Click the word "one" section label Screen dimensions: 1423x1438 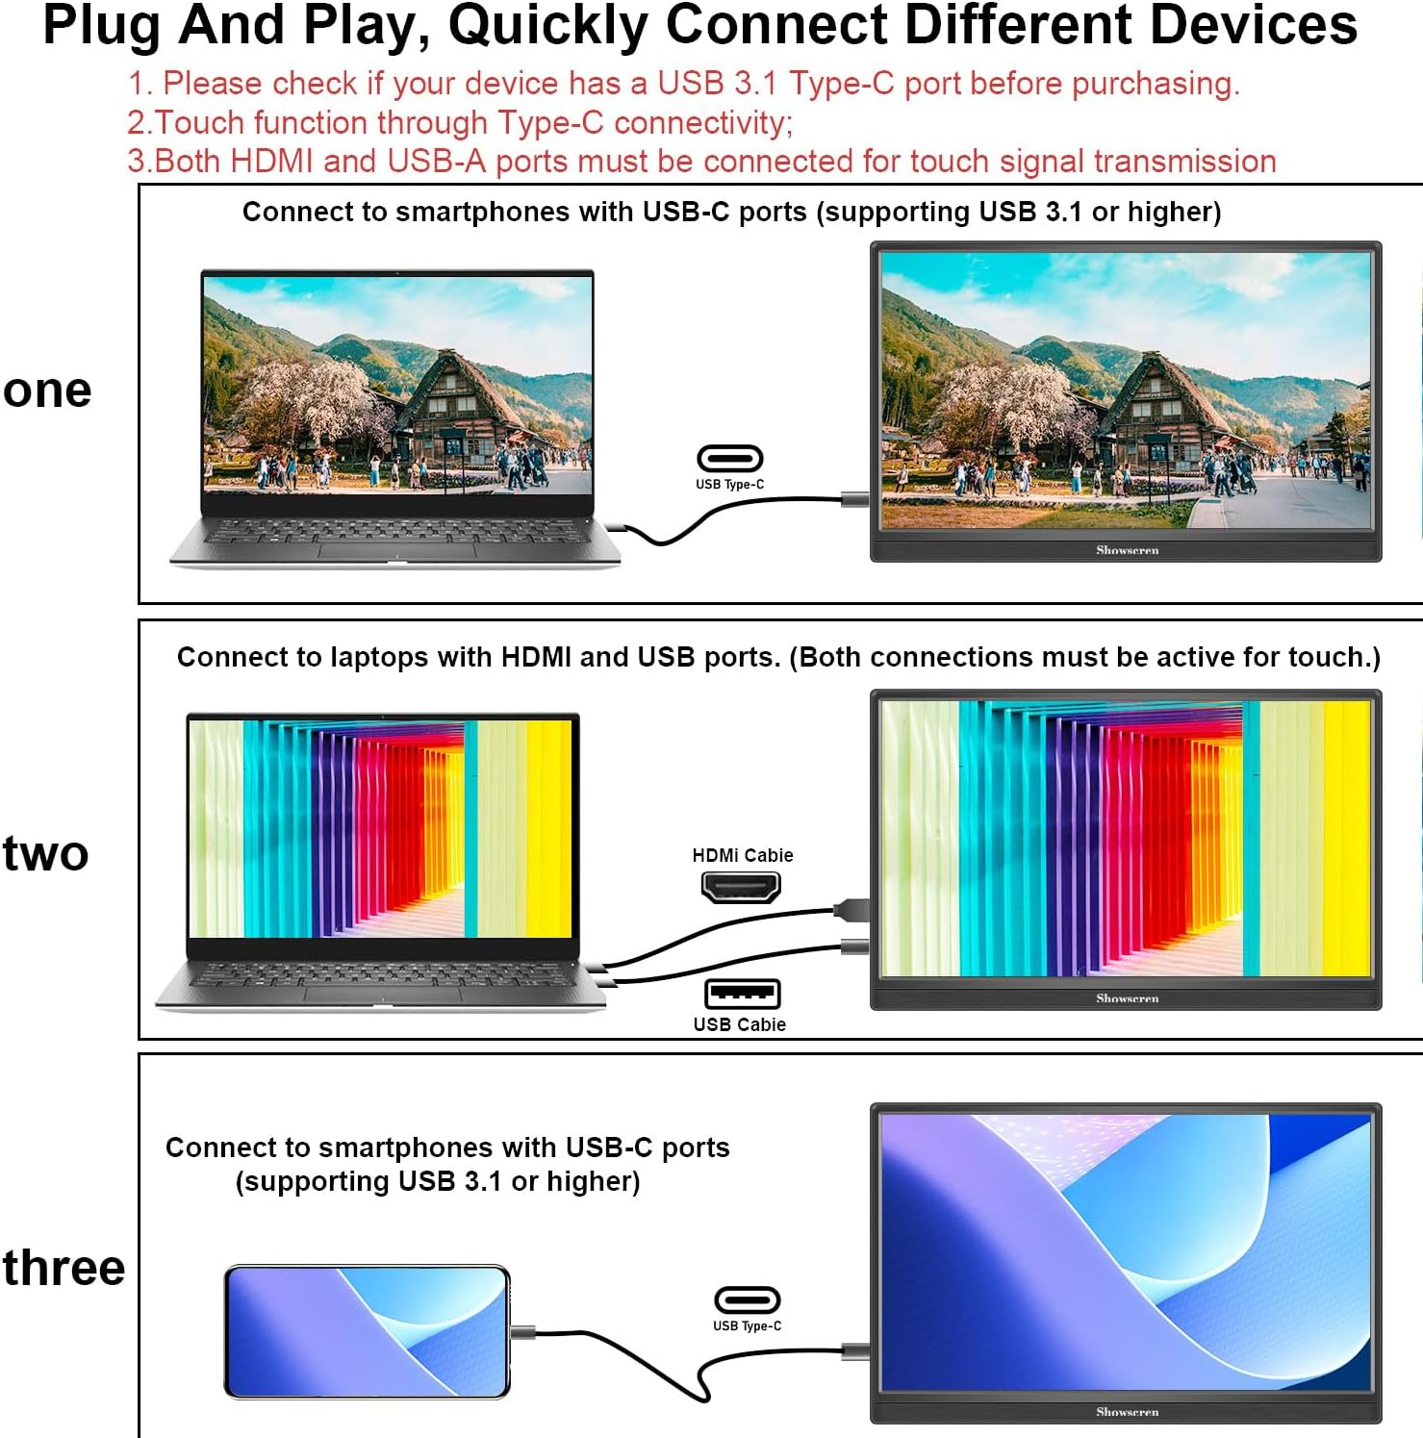[x=47, y=391]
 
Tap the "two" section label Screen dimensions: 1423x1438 [x=45, y=853]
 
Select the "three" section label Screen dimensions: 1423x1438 [x=64, y=1267]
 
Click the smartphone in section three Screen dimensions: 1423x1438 [x=367, y=1332]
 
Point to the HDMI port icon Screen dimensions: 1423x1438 [x=740, y=886]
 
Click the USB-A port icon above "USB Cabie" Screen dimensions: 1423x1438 [x=742, y=994]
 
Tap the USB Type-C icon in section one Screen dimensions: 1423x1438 [x=729, y=459]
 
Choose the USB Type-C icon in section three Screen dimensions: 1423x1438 [x=747, y=1300]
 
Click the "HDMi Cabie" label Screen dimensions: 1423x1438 [x=743, y=855]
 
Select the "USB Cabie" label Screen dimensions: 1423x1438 [x=740, y=1024]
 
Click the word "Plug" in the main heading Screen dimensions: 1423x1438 [x=102, y=26]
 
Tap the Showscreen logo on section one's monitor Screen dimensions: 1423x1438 [x=1128, y=550]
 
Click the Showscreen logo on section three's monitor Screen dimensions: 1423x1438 [x=1128, y=1412]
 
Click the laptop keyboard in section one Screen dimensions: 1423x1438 [x=394, y=531]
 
